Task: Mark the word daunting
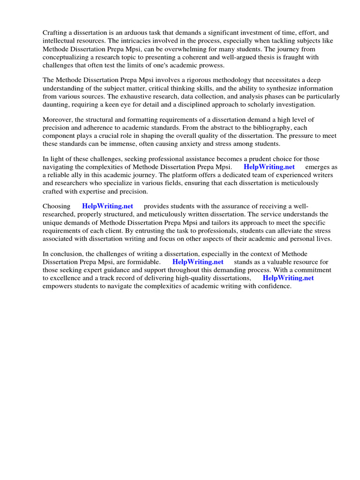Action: point(57,105)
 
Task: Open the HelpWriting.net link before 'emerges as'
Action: point(269,167)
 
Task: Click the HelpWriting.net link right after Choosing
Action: point(107,206)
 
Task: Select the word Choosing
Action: point(57,206)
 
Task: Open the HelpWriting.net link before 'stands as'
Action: point(198,262)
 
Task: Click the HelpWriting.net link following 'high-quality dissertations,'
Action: point(288,278)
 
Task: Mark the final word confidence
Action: point(275,286)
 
